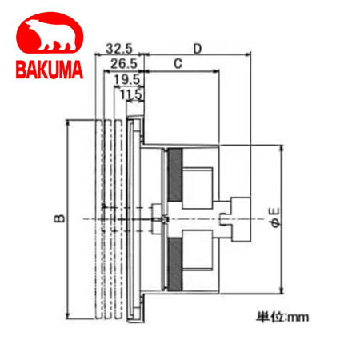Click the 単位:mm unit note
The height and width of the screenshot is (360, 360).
coord(282,317)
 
